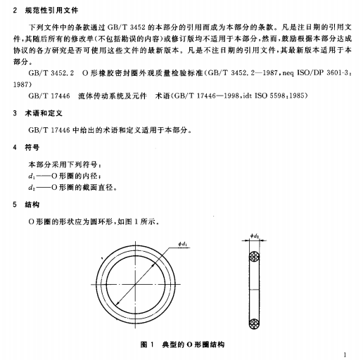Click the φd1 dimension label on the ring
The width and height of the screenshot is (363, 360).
(x=184, y=243)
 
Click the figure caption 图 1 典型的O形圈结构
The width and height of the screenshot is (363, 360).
(x=182, y=345)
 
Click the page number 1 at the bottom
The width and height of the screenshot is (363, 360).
(x=344, y=354)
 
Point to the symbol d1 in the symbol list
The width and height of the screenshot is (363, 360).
(x=32, y=175)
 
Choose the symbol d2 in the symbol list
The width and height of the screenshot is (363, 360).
(x=32, y=188)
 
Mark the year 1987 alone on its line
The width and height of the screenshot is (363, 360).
(x=24, y=82)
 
